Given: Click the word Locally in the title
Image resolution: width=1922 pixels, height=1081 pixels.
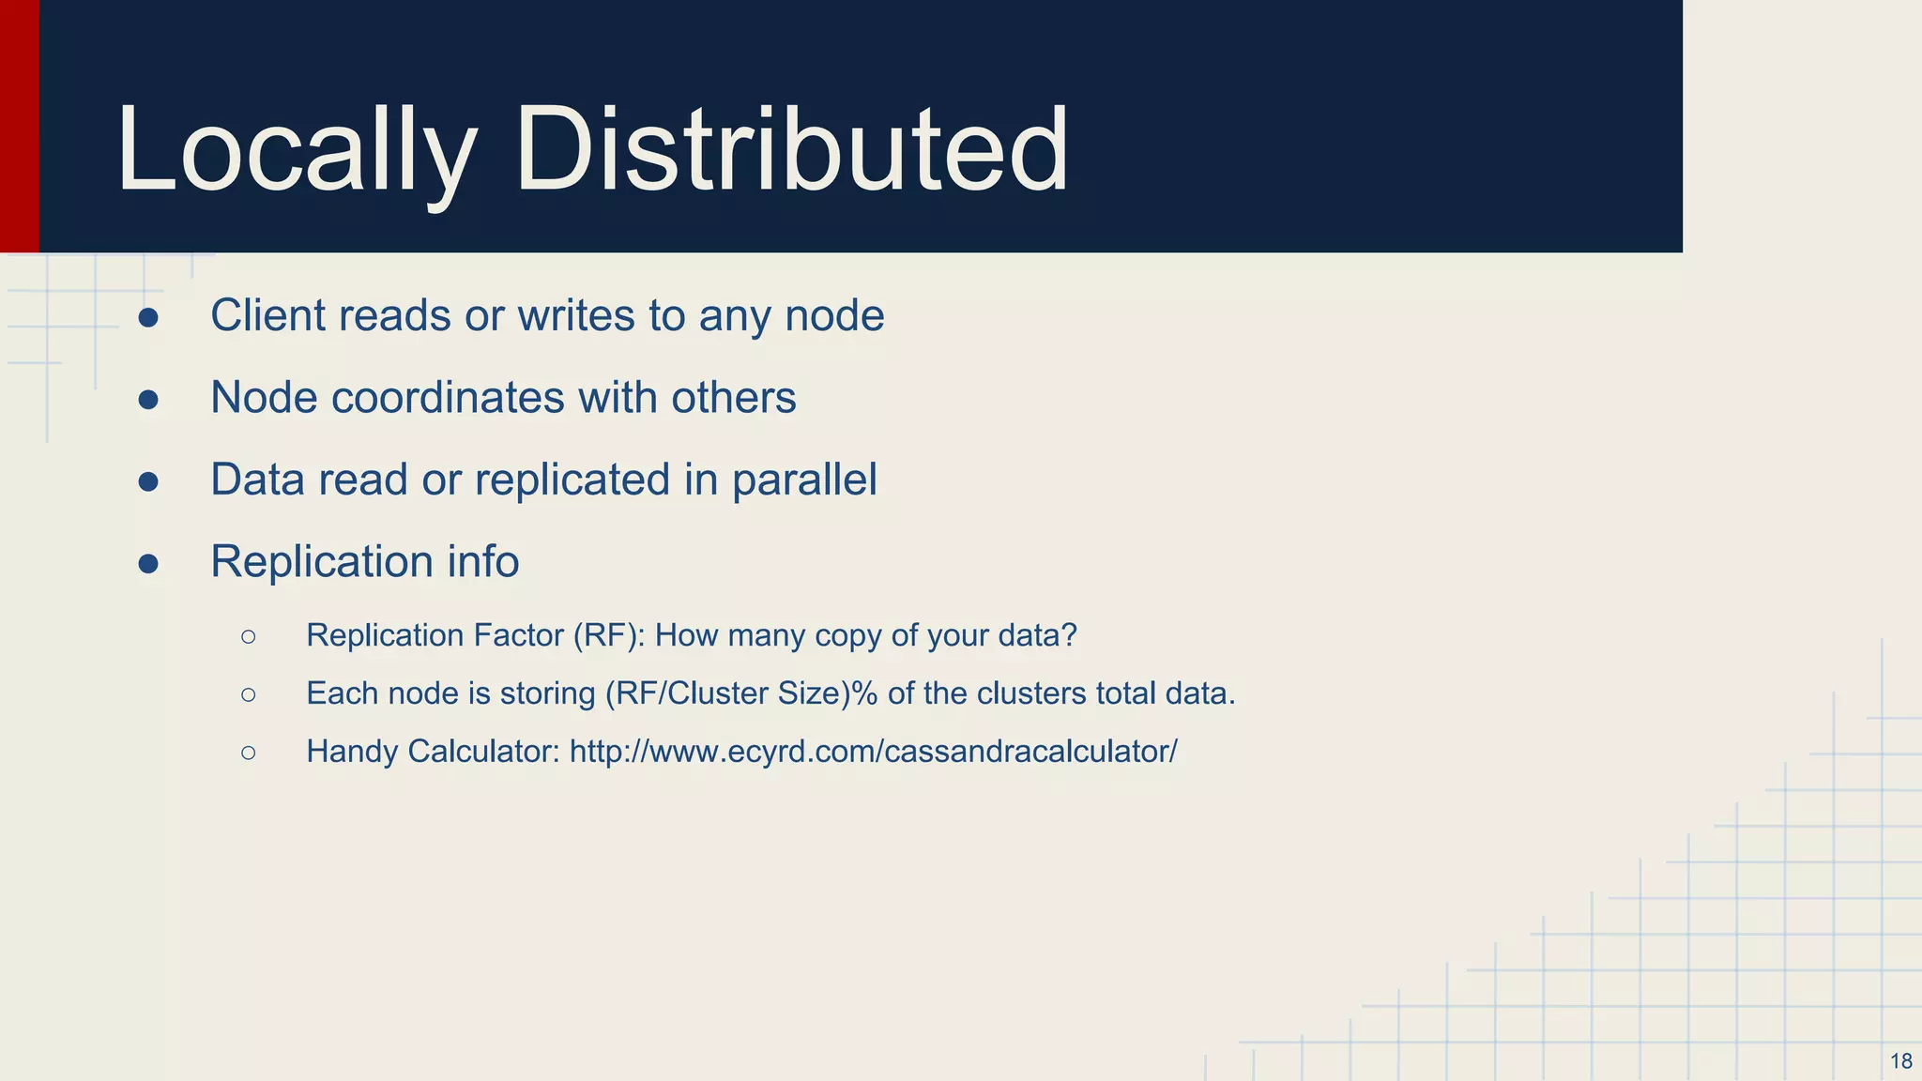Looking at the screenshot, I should (297, 150).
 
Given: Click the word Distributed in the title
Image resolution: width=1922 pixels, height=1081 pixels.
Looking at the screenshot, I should (791, 150).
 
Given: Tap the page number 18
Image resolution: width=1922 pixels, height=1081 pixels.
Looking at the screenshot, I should (1900, 1061).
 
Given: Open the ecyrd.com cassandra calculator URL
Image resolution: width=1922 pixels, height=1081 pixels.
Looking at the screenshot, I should (873, 752).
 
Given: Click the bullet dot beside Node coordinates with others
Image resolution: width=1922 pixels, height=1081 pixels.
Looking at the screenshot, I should (148, 400).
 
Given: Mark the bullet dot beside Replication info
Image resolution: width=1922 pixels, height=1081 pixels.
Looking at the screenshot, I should (148, 563).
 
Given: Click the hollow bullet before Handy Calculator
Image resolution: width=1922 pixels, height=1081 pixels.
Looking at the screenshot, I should (248, 753).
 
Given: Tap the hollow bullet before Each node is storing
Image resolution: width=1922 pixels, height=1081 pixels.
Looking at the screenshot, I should (248, 694).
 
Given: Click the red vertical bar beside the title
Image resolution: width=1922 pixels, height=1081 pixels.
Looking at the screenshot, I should (19, 126).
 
